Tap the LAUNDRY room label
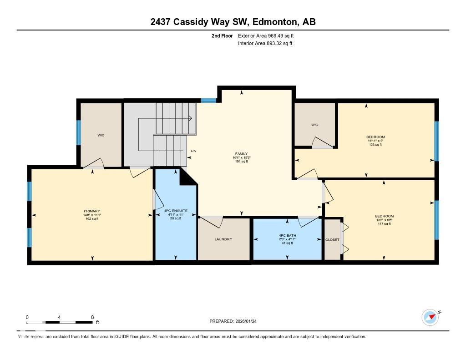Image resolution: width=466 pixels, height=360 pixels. (x=223, y=239)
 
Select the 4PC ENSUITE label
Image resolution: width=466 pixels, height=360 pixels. (x=175, y=211)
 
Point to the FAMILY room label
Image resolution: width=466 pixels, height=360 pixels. (x=241, y=154)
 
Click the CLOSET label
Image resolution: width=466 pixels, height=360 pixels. (x=332, y=240)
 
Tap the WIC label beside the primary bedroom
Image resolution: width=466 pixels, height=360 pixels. (x=101, y=135)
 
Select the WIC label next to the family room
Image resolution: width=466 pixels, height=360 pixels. (x=314, y=125)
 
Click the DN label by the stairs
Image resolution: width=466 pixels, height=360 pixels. (x=193, y=151)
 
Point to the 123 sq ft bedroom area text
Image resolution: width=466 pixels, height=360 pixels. (x=375, y=145)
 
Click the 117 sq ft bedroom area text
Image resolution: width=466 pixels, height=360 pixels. (x=384, y=223)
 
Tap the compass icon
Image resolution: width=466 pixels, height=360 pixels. (x=430, y=317)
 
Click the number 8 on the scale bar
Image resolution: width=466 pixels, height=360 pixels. (x=92, y=317)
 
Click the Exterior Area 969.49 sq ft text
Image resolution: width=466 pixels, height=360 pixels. (x=269, y=35)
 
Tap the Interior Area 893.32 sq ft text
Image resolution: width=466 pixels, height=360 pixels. (x=265, y=44)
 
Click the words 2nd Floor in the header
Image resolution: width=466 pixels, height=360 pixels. (x=222, y=35)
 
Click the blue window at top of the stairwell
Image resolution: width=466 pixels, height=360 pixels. (x=208, y=101)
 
